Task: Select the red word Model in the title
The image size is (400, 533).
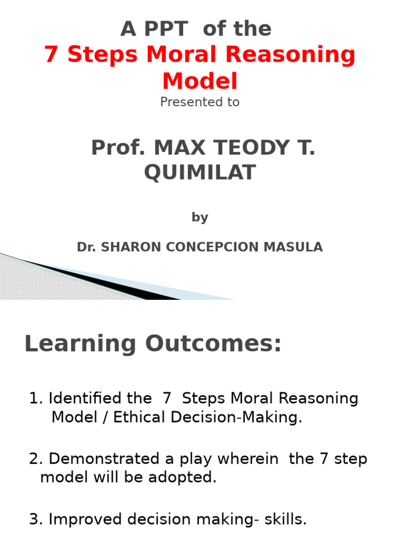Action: [199, 81]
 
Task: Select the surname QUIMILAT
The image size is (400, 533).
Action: [199, 173]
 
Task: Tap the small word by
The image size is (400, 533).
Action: [199, 218]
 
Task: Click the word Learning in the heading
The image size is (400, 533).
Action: [81, 345]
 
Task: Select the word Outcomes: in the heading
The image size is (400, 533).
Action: [213, 344]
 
